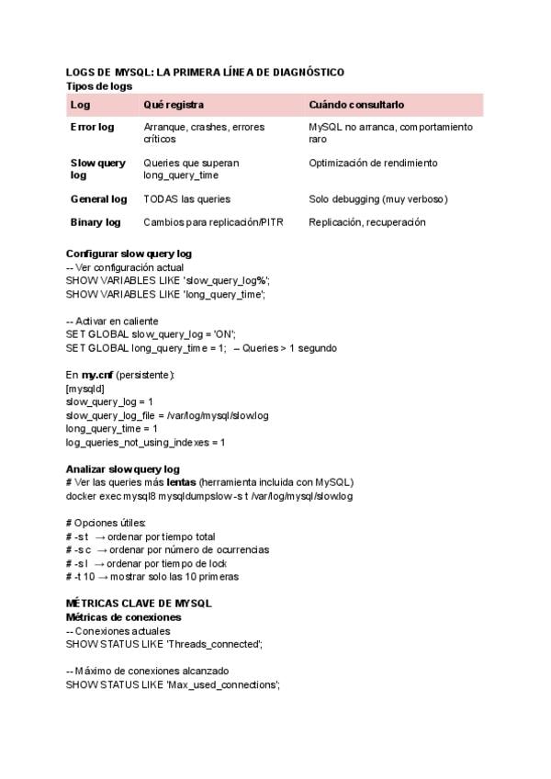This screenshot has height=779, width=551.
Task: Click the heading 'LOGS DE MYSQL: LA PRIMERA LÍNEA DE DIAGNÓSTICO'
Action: [x=205, y=72]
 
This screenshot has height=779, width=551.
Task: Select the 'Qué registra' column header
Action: [x=174, y=105]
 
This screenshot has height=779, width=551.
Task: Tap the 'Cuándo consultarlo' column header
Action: [x=356, y=105]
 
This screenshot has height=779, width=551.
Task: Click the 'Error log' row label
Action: [x=93, y=127]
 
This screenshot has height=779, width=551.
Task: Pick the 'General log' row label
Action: [x=98, y=198]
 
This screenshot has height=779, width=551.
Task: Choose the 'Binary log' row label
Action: [x=96, y=222]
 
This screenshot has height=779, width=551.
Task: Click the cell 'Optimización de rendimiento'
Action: [x=373, y=163]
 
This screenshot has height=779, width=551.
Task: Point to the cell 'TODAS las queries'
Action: [x=186, y=198]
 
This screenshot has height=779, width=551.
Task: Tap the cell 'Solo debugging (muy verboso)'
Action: [x=377, y=198]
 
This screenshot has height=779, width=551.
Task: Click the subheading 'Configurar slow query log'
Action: [x=129, y=254]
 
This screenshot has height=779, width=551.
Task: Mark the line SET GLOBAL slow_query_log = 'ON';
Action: [x=151, y=334]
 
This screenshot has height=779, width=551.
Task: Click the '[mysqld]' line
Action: [x=85, y=389]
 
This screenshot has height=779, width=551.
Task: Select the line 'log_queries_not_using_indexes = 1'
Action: [x=145, y=442]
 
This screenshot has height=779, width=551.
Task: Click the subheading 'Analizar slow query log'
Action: [x=123, y=469]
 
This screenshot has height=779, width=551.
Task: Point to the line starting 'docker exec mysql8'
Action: [x=209, y=496]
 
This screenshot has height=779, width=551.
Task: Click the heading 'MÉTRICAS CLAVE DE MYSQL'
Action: [x=139, y=604]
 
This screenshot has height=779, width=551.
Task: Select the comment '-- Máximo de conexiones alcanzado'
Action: [x=148, y=672]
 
